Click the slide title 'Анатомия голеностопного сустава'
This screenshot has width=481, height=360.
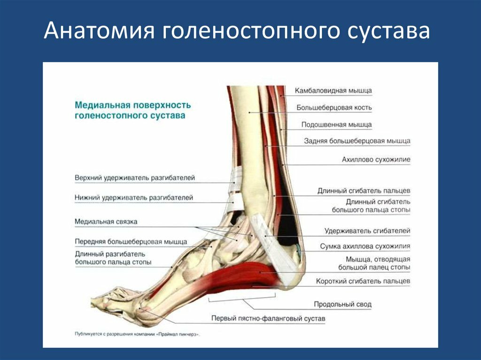tap(237, 31)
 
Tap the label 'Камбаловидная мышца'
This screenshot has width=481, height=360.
tap(333, 91)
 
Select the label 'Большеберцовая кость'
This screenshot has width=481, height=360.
tap(334, 107)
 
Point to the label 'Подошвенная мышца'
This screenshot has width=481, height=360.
tap(336, 124)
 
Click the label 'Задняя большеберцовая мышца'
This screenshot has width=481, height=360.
tap(357, 141)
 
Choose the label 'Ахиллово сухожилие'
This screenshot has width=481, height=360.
tap(376, 160)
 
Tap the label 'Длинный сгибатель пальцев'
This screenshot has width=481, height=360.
tap(364, 191)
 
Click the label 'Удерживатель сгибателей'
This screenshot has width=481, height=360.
tap(367, 231)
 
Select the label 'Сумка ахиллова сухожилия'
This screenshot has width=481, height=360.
tap(365, 246)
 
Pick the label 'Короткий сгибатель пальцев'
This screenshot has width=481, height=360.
tap(363, 281)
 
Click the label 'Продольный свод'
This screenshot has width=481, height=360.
tap(342, 305)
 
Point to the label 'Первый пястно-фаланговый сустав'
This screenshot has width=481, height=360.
tap(268, 319)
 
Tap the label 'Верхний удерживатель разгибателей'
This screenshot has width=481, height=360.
tap(135, 178)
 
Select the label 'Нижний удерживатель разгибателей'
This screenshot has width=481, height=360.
tap(134, 198)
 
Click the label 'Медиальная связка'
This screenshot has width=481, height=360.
tap(106, 222)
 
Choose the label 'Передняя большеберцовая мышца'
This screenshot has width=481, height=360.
tap(131, 242)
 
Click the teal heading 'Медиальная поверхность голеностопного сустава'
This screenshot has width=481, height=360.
tap(132, 110)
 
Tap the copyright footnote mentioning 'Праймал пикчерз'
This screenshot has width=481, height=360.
tap(137, 334)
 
